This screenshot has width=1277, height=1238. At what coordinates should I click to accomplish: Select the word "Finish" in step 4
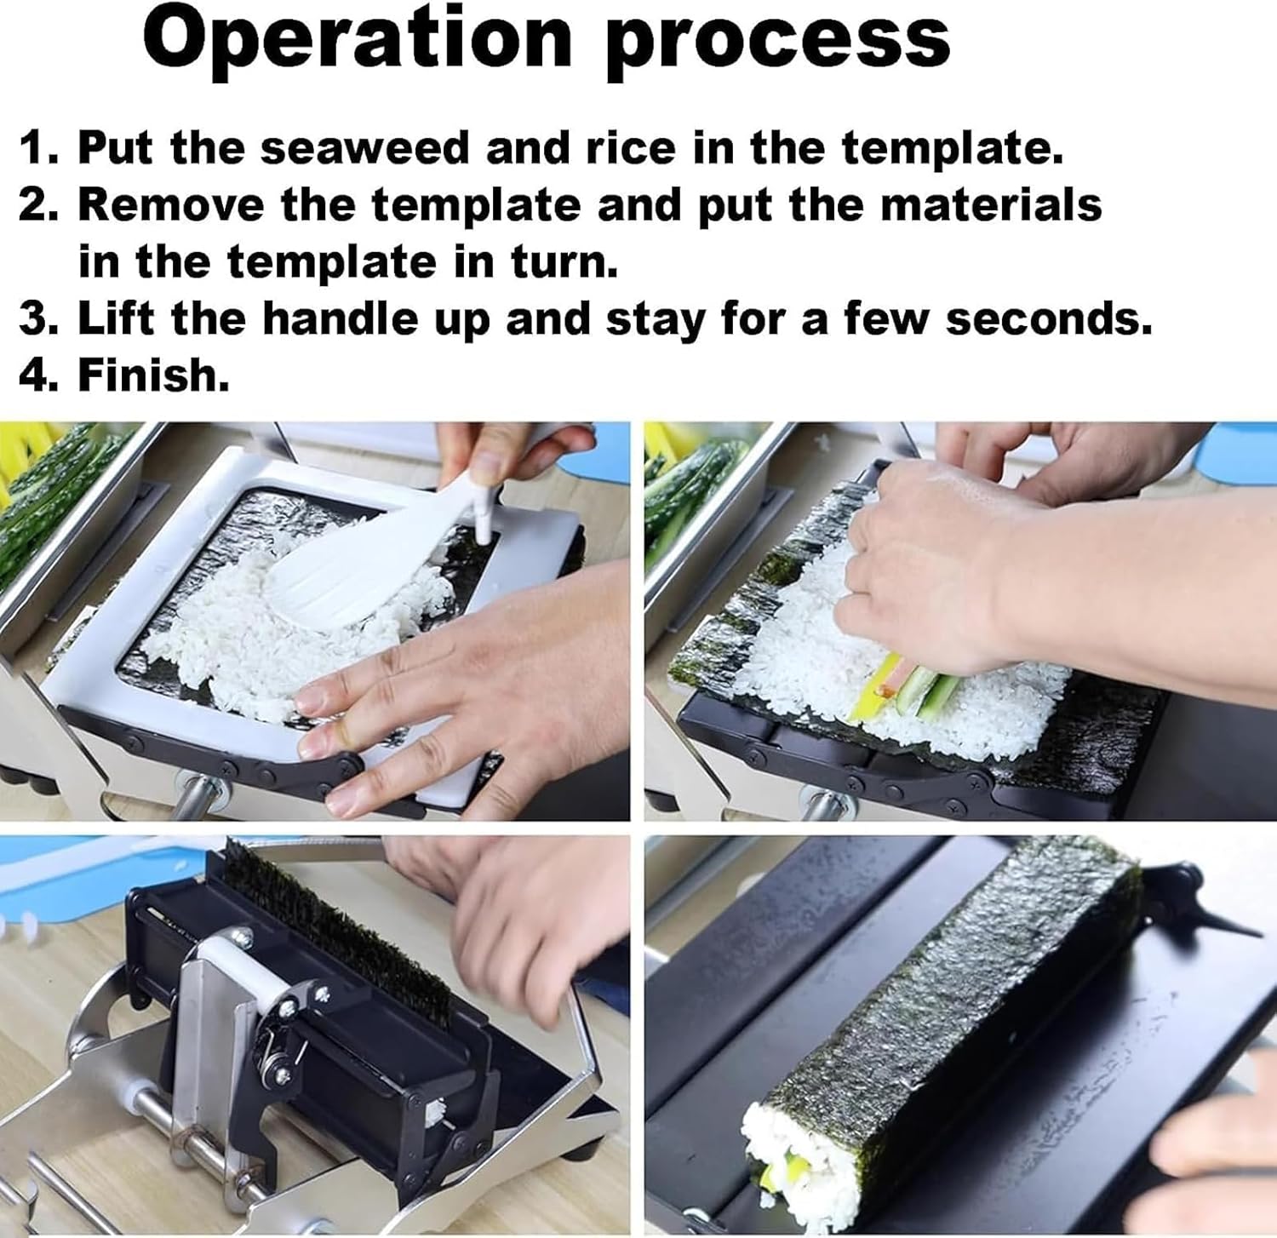point(153,375)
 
